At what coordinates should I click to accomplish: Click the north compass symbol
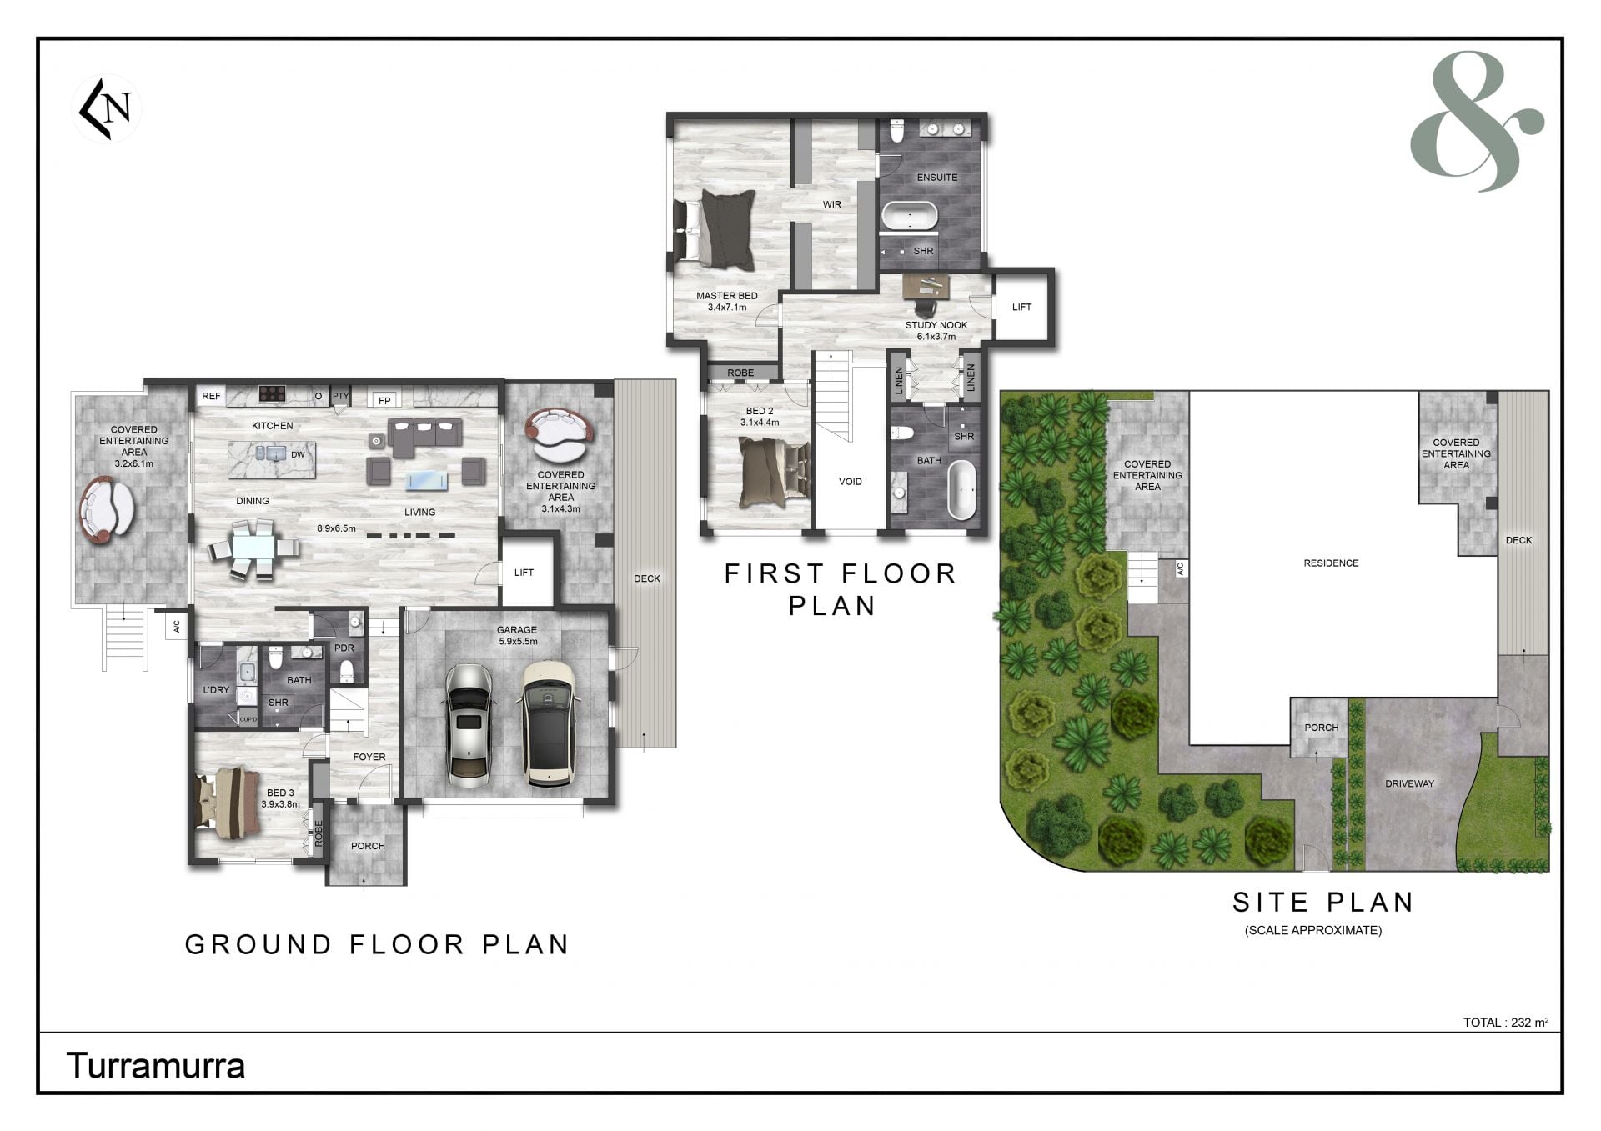tap(106, 109)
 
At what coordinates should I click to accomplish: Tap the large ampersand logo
tap(1476, 121)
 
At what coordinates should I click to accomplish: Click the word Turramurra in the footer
tap(155, 1067)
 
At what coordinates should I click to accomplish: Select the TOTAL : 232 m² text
tap(1506, 1023)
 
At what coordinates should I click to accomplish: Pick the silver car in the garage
tap(469, 725)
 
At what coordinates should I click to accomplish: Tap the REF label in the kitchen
tap(212, 396)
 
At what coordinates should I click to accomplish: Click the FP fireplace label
tap(384, 401)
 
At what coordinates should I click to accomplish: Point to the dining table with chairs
tap(253, 548)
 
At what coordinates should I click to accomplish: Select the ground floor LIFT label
tap(524, 573)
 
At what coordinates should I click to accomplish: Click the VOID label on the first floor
tap(851, 482)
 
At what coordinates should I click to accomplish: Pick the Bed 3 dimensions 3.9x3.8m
tap(280, 805)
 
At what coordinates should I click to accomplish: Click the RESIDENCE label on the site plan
tap(1331, 563)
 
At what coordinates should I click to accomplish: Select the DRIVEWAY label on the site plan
tap(1409, 784)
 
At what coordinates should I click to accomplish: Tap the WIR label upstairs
tap(832, 204)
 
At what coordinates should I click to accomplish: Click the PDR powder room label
tap(344, 648)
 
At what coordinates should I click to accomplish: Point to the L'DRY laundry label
tap(216, 690)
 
